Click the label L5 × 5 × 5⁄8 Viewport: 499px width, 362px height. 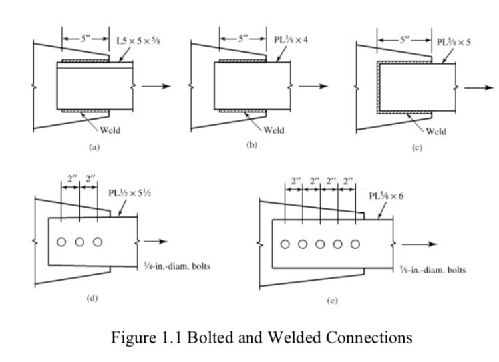(138, 41)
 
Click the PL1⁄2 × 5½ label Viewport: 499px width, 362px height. (133, 193)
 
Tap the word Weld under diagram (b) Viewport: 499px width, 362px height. (273, 130)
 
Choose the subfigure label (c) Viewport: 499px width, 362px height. (417, 148)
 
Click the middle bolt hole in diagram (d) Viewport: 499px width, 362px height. (79, 242)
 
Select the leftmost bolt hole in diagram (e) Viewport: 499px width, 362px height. (285, 243)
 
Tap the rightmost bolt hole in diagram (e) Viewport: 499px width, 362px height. (356, 243)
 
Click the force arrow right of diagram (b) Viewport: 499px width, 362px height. (313, 87)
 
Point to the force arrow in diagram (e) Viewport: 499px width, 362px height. (422, 244)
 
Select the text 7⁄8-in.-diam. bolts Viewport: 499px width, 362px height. (432, 270)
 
